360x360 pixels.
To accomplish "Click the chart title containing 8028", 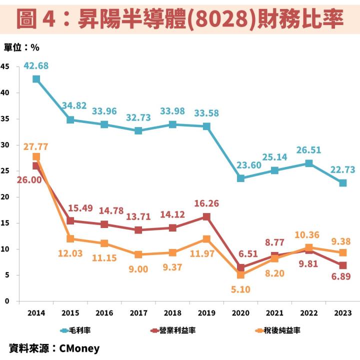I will click(180, 18).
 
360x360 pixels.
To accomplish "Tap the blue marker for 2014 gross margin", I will click(36, 79).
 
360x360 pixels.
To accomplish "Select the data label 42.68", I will click(36, 65).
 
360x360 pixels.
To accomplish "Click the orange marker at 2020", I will click(240, 274).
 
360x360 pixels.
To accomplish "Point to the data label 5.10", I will click(240, 289).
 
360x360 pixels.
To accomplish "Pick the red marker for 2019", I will click(206, 216).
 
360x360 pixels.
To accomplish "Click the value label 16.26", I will click(206, 203).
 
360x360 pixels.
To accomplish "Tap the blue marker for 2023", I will click(342, 183).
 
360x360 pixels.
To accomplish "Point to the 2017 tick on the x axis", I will click(138, 312).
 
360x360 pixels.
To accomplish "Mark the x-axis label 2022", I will click(308, 312).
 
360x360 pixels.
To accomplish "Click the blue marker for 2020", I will click(240, 178).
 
